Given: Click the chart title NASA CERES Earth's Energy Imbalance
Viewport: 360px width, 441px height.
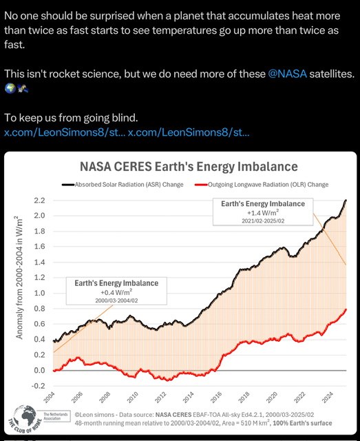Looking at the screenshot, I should click(x=188, y=167).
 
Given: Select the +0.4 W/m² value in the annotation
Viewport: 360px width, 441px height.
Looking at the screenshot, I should click(x=112, y=294).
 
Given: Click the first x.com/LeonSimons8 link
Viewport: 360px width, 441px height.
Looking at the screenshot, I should click(x=65, y=132).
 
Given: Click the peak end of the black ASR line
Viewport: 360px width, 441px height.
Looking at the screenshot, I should click(x=346, y=200).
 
